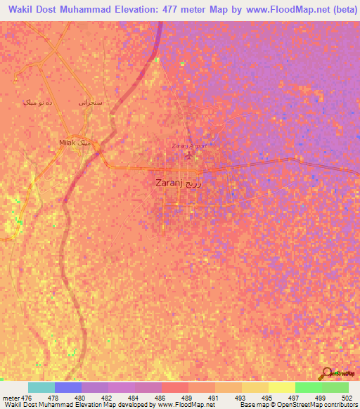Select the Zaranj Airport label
click(x=186, y=146)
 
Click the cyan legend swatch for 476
click(x=41, y=387)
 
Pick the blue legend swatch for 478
click(x=67, y=387)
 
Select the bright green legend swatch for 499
click(x=308, y=387)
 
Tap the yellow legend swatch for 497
click(x=281, y=387)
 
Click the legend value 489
click(x=186, y=397)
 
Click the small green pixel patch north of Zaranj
click(x=181, y=63)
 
